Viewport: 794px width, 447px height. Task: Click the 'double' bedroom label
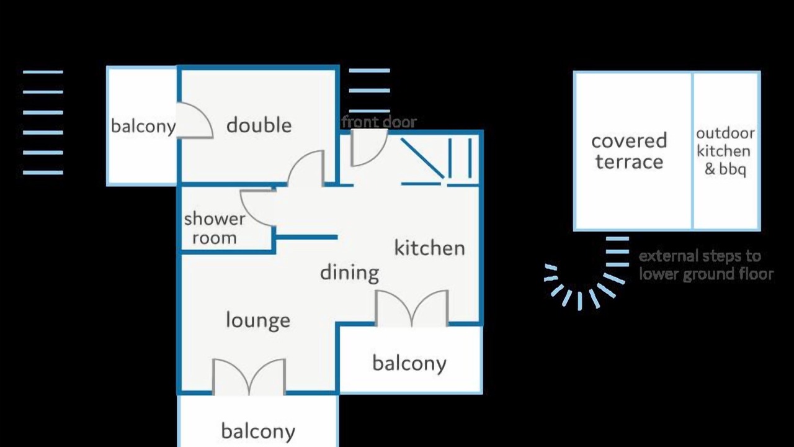259,125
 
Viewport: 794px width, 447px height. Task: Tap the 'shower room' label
215,228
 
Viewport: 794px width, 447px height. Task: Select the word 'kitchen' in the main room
430,247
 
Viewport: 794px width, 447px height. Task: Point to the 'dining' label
349,273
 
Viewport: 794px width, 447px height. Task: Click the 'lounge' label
258,320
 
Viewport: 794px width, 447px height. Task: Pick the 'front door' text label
379,122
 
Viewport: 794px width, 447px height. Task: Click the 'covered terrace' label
629,151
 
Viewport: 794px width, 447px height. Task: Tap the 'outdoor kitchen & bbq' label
725,151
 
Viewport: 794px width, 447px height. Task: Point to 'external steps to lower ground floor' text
706,265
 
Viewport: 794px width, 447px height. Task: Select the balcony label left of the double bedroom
143,126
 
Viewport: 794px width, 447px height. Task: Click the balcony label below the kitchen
409,363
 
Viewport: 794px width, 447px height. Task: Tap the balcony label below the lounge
258,431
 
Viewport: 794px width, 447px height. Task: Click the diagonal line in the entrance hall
422,158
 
